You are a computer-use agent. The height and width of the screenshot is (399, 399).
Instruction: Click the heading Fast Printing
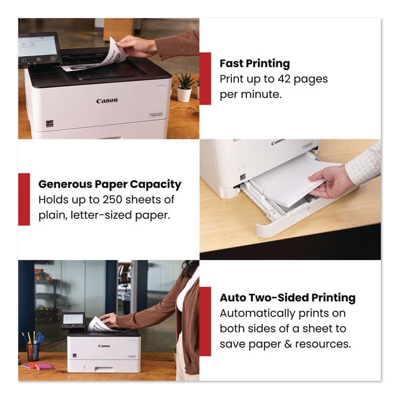[x=255, y=64]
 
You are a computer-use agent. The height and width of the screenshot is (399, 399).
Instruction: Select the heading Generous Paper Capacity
[x=110, y=185]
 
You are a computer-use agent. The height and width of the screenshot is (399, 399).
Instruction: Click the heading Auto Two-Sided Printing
[x=288, y=298]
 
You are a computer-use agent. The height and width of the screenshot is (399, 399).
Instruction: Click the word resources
[x=325, y=344]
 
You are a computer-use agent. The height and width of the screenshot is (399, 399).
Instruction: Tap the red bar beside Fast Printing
[x=205, y=78]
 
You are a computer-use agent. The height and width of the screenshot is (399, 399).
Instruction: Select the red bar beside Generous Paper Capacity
[x=24, y=199]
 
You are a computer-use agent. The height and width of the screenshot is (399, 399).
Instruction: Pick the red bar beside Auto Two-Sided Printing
[x=205, y=321]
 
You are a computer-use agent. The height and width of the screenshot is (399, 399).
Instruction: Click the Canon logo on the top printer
[x=107, y=101]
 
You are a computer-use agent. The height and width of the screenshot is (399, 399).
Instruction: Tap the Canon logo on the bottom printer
[x=104, y=346]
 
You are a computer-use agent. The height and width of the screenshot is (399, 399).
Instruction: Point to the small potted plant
[x=185, y=87]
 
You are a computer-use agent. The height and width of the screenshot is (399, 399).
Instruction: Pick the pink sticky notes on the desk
[x=44, y=367]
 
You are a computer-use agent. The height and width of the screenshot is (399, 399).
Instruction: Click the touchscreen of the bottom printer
[x=73, y=319]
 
